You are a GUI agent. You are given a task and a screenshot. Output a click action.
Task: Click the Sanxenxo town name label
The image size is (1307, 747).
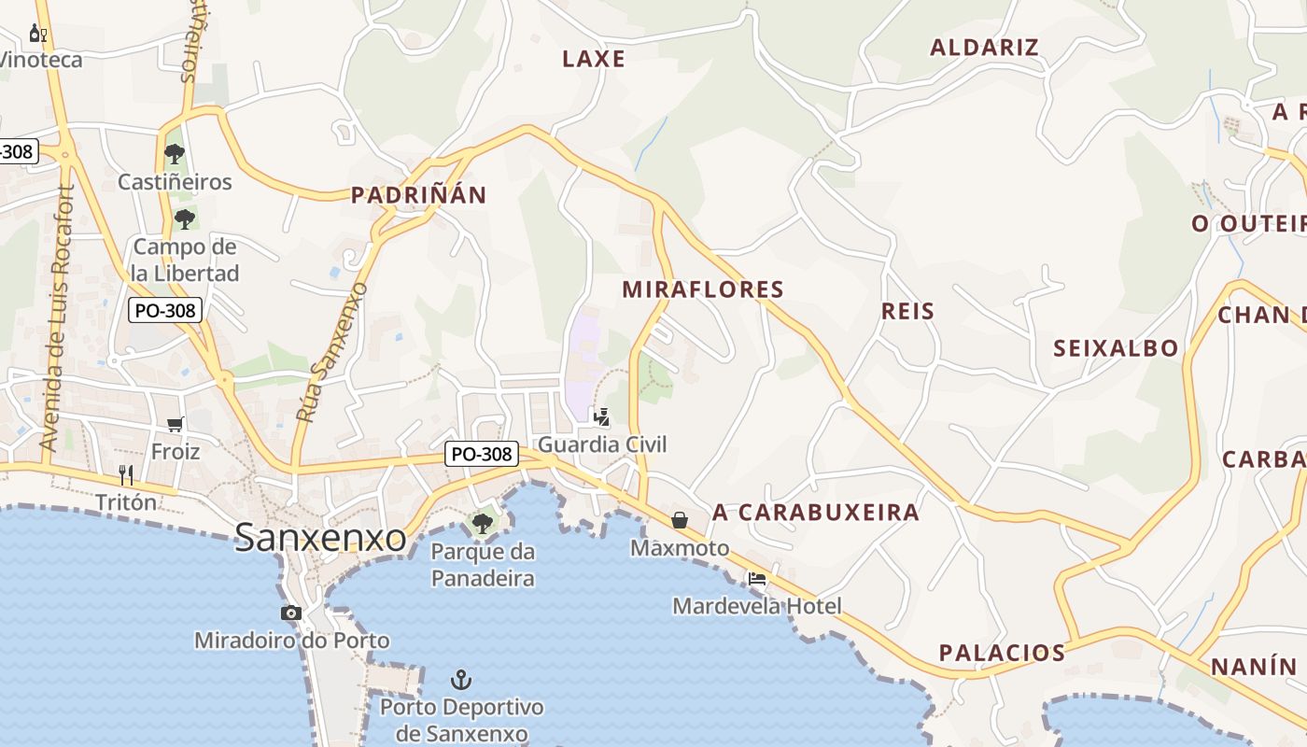tap(320, 538)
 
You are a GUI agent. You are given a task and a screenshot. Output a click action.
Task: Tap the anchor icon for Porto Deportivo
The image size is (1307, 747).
tap(460, 679)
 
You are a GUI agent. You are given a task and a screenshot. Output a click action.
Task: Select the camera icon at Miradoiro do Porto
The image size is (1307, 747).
tap(291, 613)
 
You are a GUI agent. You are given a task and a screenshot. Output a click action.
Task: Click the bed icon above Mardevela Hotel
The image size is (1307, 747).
tap(757, 579)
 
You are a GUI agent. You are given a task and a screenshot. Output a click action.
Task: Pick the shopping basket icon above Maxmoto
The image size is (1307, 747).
tap(679, 520)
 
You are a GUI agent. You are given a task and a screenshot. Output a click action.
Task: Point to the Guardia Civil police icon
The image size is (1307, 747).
tap(602, 416)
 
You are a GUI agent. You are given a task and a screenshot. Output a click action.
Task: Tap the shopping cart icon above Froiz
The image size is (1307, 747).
tap(175, 425)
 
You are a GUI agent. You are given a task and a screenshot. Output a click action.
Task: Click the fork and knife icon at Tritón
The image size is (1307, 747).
tap(126, 474)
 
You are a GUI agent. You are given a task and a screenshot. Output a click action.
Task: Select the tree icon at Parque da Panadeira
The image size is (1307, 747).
tap(483, 523)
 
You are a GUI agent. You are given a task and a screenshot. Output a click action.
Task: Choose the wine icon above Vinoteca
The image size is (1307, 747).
tap(38, 35)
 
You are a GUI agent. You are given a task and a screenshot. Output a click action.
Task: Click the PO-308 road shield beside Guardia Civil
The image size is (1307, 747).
tap(481, 454)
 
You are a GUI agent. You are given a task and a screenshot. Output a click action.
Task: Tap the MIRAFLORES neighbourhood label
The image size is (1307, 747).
tap(703, 289)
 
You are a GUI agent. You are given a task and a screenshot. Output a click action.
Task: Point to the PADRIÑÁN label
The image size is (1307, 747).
tap(418, 195)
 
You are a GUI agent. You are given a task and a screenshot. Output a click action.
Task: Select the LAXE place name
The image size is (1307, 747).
tap(594, 59)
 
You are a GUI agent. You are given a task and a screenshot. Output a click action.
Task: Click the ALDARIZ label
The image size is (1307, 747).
tap(984, 48)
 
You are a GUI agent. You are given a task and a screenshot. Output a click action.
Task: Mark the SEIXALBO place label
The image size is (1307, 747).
tap(1116, 349)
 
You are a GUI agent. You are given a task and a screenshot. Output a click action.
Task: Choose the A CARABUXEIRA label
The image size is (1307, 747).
tap(816, 513)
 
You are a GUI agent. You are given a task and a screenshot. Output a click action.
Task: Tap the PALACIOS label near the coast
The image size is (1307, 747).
tap(1002, 653)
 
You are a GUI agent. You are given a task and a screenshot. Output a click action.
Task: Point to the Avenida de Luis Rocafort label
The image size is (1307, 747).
tap(58, 317)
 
